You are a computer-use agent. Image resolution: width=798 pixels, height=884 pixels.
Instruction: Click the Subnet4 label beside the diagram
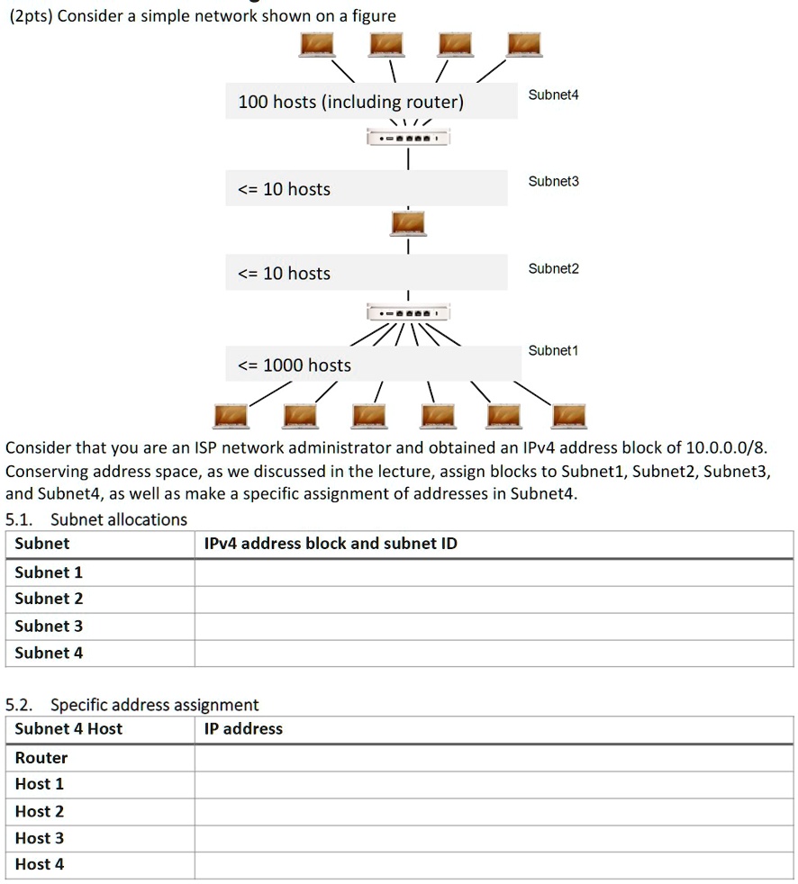tap(553, 95)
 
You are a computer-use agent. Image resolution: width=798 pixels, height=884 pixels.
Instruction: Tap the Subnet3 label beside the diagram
tap(553, 182)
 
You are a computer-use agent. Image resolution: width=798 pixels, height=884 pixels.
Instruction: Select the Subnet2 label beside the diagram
tap(553, 268)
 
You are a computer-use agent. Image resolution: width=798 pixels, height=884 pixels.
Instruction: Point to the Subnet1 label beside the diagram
tap(553, 350)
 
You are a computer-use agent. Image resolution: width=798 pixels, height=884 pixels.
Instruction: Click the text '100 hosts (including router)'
tap(350, 103)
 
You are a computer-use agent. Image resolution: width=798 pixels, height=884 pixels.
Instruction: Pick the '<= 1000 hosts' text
tap(294, 365)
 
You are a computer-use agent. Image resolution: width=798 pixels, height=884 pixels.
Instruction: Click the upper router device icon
tap(408, 138)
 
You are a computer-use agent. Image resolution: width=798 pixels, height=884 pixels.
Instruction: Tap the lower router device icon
tap(408, 312)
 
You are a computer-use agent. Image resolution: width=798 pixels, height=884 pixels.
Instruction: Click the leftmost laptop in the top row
tap(317, 44)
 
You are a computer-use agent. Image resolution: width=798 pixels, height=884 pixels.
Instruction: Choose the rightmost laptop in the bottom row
tap(568, 416)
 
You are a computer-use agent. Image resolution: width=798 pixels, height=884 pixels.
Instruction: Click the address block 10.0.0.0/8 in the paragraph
tap(726, 447)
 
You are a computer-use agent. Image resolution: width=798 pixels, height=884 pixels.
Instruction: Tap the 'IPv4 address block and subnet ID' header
tap(331, 544)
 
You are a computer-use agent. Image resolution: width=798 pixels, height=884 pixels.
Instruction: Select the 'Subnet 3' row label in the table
tap(49, 626)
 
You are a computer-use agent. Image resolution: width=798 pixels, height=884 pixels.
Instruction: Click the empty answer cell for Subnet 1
tap(494, 573)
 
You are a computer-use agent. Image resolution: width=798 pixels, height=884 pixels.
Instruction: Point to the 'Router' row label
tap(41, 758)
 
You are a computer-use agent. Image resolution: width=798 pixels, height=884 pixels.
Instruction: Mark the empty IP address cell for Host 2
tap(494, 812)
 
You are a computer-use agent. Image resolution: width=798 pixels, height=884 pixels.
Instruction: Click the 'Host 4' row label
tap(40, 864)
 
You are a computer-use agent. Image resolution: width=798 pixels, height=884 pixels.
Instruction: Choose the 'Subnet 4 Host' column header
tap(68, 729)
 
